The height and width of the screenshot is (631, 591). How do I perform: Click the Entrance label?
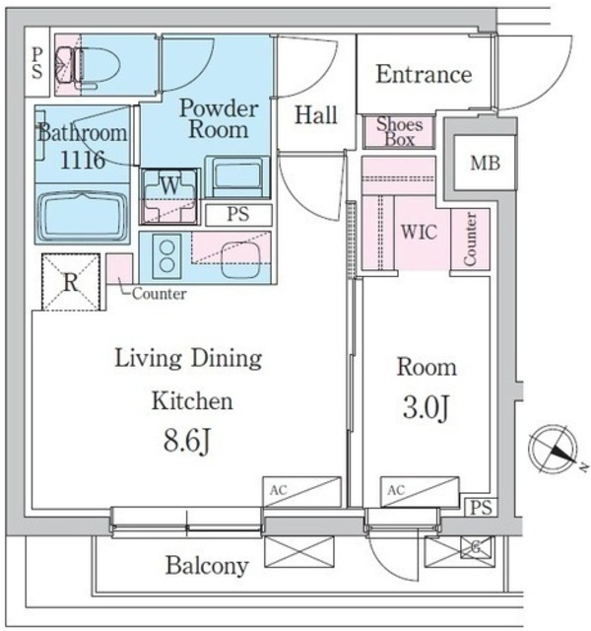pos(424,75)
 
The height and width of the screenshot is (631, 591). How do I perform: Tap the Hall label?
pos(316,115)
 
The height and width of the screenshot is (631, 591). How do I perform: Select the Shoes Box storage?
pos(399,132)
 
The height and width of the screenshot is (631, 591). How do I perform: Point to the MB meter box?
pos(485,163)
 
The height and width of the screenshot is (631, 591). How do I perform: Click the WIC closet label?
pos(419,232)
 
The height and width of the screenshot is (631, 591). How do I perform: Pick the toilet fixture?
pos(88,66)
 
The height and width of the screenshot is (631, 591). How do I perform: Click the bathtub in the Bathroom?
pos(82,215)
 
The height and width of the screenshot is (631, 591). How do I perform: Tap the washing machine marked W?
pos(169,196)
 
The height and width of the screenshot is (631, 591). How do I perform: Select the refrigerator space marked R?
pos(71,282)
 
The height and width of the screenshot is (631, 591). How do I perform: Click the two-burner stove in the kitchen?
pos(166,256)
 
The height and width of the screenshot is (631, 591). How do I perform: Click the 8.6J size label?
pos(187,441)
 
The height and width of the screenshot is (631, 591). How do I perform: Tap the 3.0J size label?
pos(426,407)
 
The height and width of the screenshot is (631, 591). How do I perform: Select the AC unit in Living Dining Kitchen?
pos(301,492)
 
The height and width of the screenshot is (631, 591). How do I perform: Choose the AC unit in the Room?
pos(420,492)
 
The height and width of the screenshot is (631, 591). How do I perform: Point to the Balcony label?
pos(207,566)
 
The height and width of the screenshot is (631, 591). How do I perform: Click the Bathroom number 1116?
pos(83,160)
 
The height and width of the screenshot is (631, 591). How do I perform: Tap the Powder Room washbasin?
pos(237,176)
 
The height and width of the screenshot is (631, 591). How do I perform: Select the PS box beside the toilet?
pos(37,62)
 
